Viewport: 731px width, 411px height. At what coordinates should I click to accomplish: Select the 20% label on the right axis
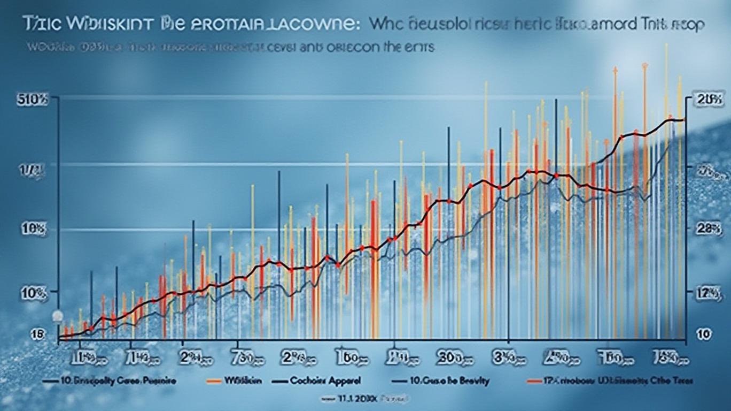click(x=709, y=99)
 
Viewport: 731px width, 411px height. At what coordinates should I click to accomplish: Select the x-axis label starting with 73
click(x=244, y=357)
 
